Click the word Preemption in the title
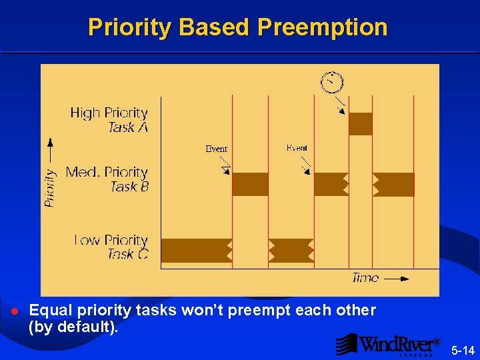coord(322,27)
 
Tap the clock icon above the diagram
coord(331,81)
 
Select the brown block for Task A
coord(360,124)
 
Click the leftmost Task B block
coord(250,184)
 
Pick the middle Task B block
coord(331,184)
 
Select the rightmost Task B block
coord(393,184)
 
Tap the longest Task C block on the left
coord(196,251)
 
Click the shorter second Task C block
coord(291,251)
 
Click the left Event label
coord(216,149)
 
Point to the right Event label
coord(297,147)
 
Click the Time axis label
coord(365,278)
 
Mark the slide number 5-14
coord(463,350)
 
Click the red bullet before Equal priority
coord(14,312)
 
